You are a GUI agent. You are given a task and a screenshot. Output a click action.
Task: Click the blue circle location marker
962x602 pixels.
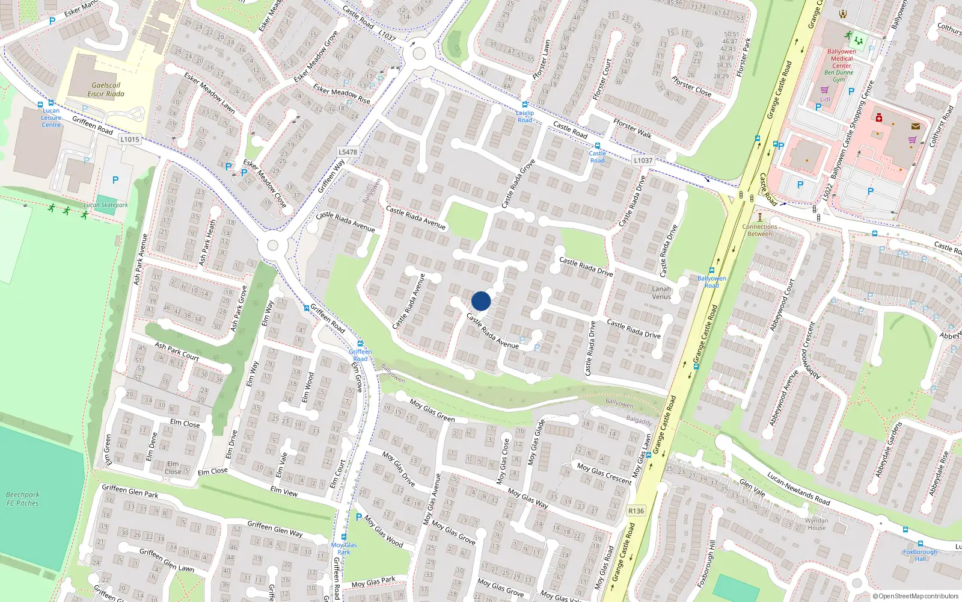481,301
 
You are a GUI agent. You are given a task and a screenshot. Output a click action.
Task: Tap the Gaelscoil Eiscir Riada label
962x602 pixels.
106,90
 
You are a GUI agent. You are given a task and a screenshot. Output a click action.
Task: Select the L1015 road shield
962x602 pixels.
129,139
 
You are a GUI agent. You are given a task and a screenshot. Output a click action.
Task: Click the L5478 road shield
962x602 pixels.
348,152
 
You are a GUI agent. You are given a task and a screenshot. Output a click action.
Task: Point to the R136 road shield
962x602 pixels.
636,510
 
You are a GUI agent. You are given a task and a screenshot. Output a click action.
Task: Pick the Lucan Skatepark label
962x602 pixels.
106,205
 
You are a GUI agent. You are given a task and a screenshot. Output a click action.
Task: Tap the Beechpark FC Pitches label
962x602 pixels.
23,499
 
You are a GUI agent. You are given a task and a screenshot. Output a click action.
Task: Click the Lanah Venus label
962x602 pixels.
661,293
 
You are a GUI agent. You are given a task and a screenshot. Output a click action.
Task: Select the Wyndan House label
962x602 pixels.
816,524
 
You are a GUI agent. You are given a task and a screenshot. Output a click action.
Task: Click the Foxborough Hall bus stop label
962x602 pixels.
920,555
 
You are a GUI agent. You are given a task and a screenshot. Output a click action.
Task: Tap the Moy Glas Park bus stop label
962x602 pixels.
344,548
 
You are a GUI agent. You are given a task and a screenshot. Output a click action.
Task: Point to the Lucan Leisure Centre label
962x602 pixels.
51,118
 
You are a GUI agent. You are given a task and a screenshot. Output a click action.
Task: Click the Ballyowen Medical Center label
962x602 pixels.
842,58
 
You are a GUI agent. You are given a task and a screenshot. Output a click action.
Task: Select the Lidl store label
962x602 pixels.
825,99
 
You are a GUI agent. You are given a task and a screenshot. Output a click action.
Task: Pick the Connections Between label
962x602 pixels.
760,230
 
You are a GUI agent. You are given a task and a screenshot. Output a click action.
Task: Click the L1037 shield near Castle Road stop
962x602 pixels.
643,160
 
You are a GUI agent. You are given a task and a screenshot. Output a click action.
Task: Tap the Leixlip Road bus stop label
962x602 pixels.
525,116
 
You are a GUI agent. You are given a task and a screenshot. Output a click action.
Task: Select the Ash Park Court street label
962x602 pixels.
177,351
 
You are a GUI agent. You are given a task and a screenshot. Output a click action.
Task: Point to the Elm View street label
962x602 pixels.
284,491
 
